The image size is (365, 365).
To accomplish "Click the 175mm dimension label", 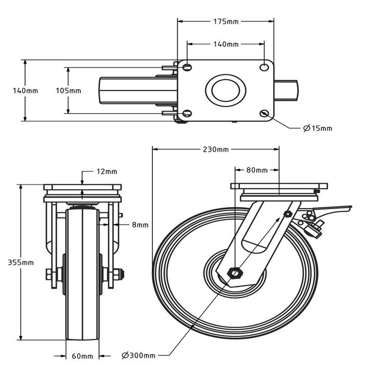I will tap(226, 22).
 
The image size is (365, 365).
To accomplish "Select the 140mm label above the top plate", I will tap(226, 44).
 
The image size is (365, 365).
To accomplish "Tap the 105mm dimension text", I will tap(68, 90).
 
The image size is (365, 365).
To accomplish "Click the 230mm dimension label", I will tap(215, 150).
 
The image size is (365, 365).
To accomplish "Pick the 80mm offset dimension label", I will tap(257, 170).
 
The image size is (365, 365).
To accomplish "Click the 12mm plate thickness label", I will tap(107, 171).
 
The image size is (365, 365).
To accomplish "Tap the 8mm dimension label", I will tap(140, 225).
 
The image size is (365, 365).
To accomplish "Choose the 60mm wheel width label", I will tap(82, 356).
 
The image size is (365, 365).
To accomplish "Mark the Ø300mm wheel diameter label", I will tap(140, 356).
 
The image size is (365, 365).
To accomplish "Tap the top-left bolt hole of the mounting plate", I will tap(187, 67).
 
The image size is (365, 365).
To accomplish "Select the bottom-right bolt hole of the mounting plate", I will tap(265, 113).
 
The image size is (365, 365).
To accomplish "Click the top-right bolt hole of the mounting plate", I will tap(265, 67).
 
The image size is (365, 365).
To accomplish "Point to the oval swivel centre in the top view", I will tap(226, 90).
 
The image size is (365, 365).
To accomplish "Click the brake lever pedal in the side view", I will tap(328, 212).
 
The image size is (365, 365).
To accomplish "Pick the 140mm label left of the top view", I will tap(25, 90).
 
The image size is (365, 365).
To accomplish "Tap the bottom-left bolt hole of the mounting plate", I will tap(187, 113).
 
